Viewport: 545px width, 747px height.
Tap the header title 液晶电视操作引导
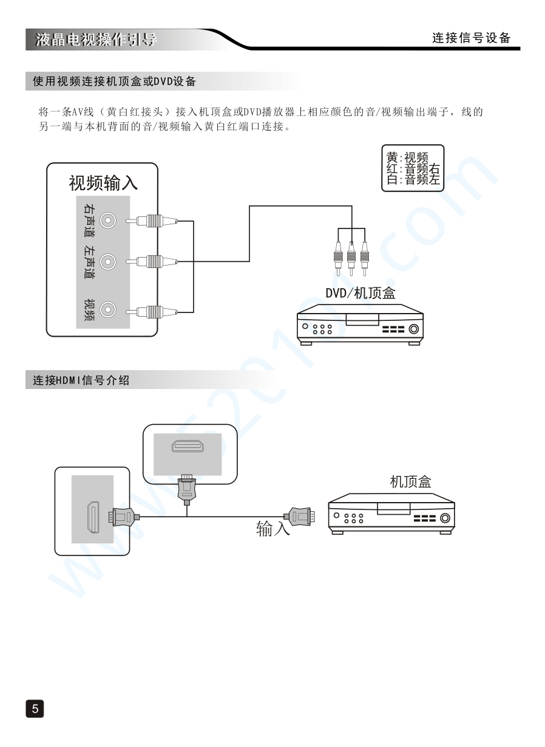click(x=95, y=40)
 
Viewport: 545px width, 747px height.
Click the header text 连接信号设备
click(x=471, y=38)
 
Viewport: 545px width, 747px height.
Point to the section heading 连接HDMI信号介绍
click(x=81, y=380)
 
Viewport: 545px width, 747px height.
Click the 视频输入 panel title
click(x=103, y=182)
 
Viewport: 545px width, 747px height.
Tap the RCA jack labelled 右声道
click(x=108, y=220)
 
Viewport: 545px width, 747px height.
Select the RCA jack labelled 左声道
click(x=108, y=262)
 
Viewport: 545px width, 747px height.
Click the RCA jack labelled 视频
click(x=108, y=311)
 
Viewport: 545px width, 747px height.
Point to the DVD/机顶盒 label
click(x=359, y=293)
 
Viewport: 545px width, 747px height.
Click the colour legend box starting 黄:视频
click(x=413, y=168)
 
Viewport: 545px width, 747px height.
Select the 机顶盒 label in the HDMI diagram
click(x=410, y=482)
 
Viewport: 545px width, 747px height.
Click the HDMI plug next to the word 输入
click(x=301, y=517)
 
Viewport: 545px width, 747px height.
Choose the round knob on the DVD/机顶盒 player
click(x=414, y=330)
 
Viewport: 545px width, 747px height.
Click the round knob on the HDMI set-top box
click(x=445, y=518)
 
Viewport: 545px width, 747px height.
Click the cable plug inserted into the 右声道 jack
click(x=151, y=221)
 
